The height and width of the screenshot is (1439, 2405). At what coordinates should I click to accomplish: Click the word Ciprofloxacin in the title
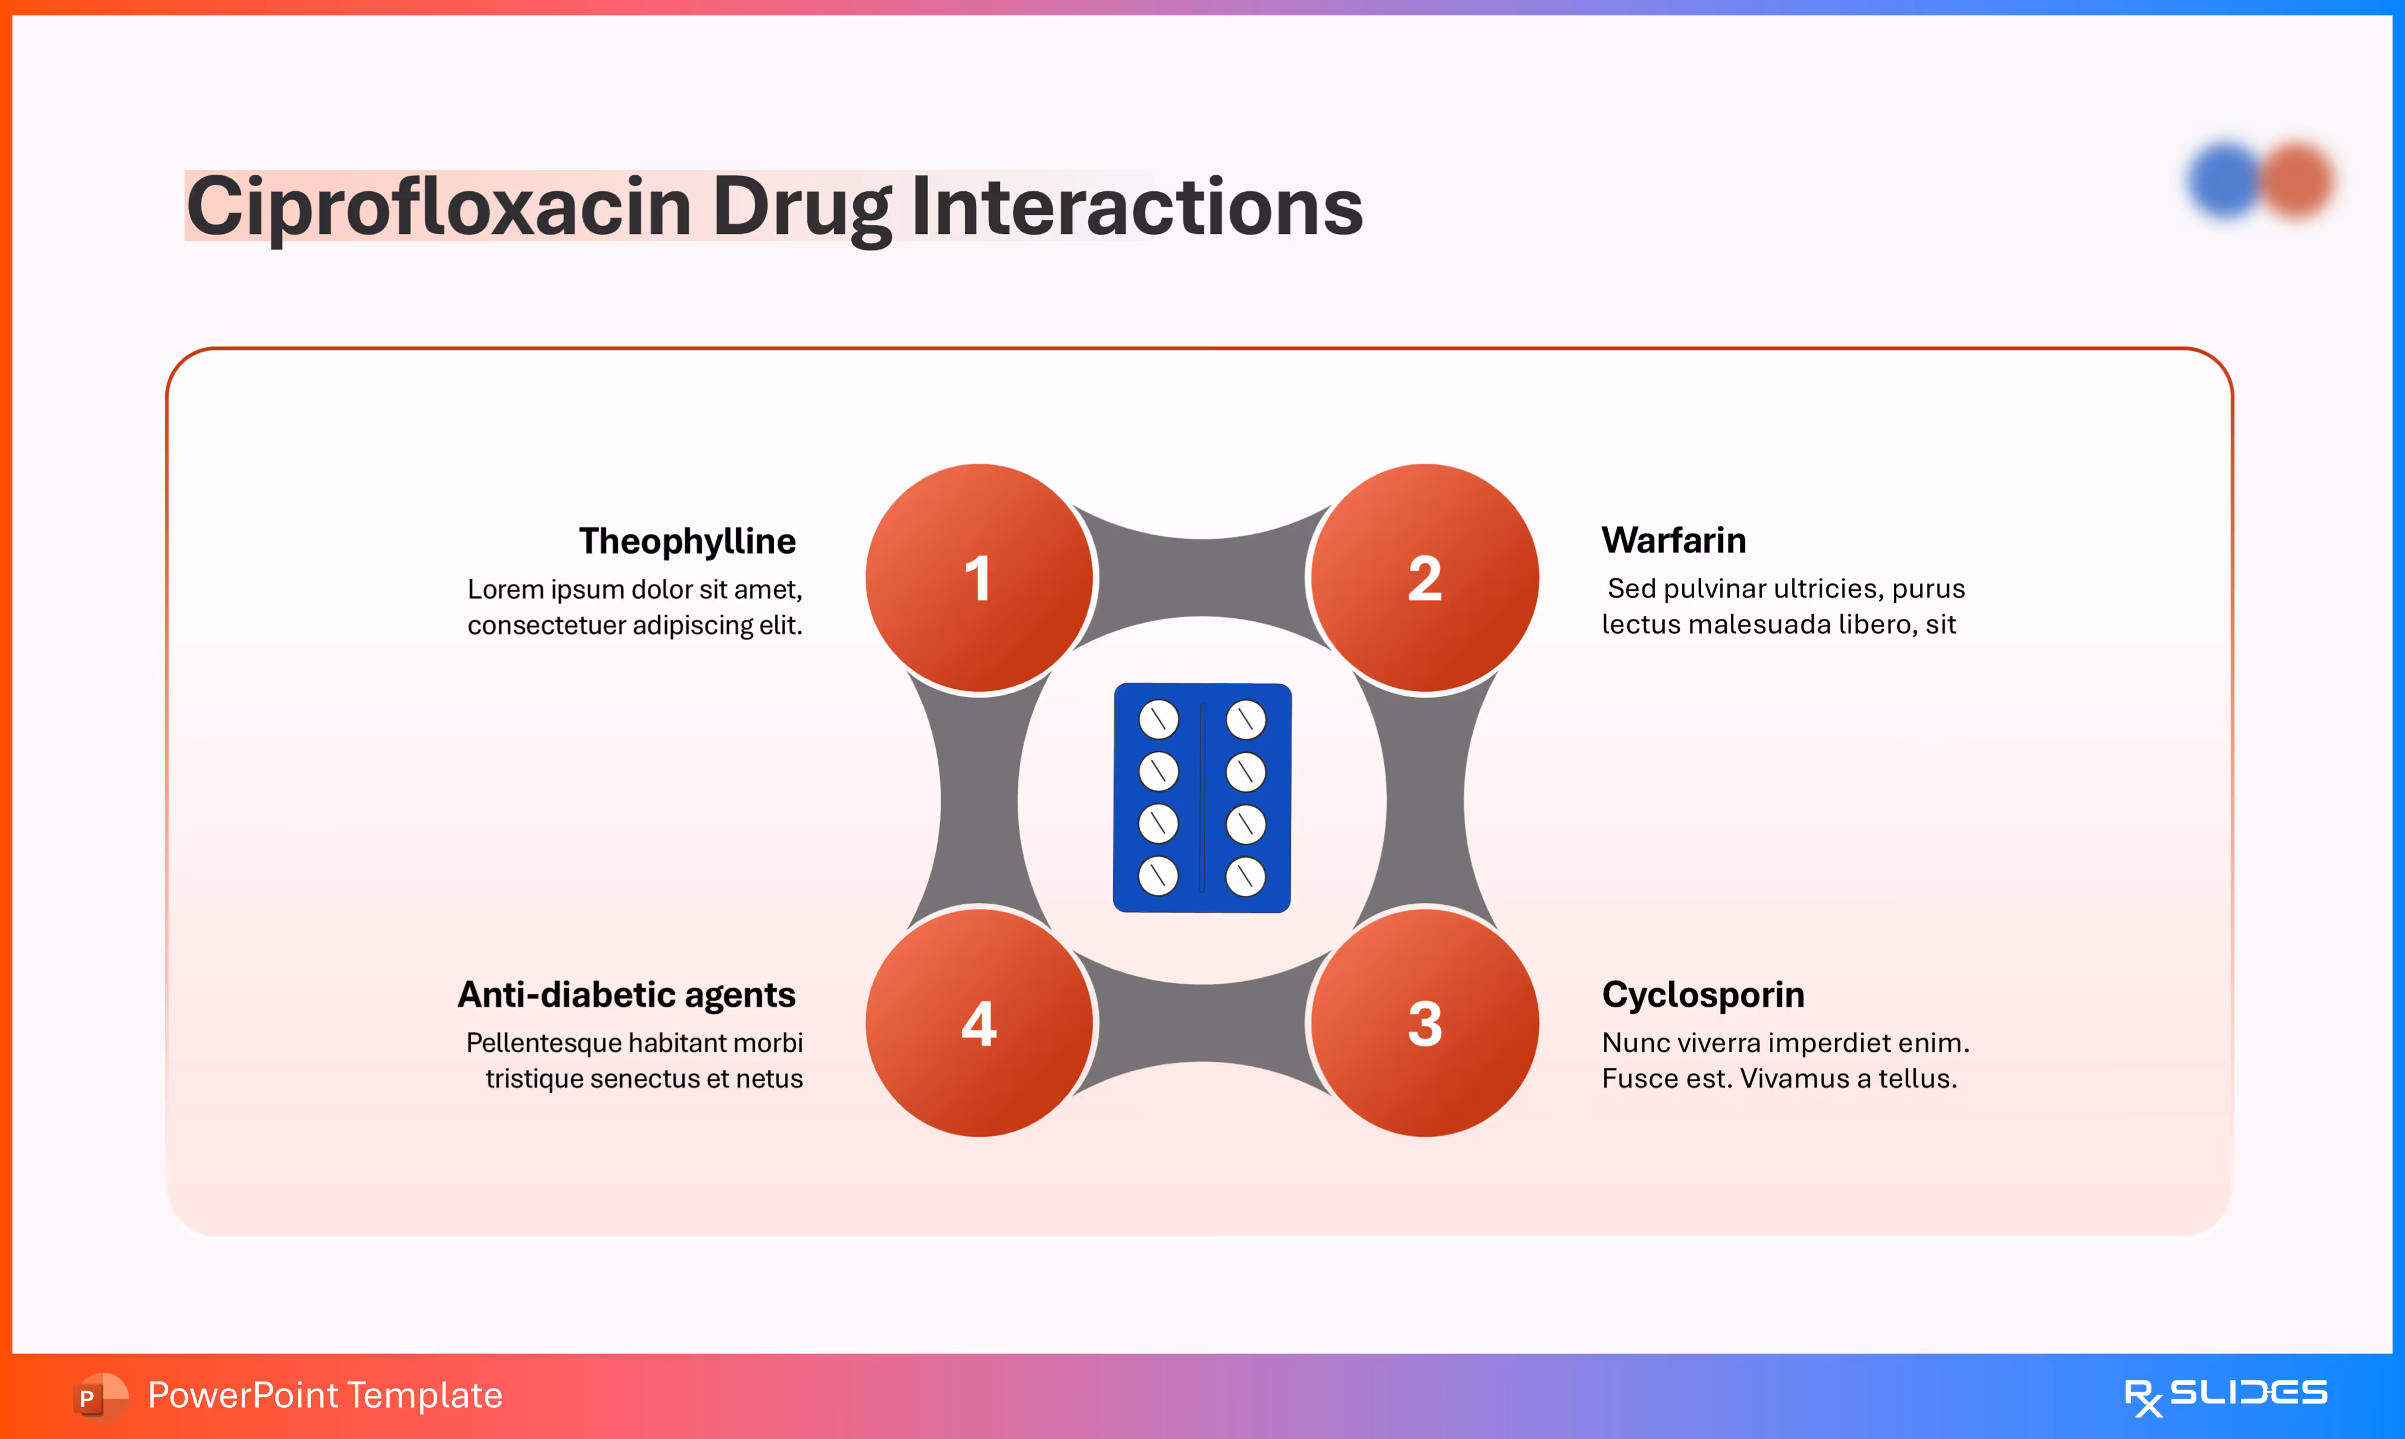pyautogui.click(x=438, y=207)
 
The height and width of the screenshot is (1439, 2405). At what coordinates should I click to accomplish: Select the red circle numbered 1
pyautogui.click(x=979, y=578)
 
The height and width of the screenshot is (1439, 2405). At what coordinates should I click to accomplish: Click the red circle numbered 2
pyautogui.click(x=1425, y=578)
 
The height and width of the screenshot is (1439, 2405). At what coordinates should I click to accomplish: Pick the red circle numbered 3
pyautogui.click(x=1425, y=1023)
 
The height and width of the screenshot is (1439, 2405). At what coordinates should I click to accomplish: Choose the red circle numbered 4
pyautogui.click(x=979, y=1023)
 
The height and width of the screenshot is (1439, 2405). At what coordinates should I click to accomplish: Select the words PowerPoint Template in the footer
pyautogui.click(x=325, y=1395)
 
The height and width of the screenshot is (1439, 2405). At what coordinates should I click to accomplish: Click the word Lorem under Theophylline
pyautogui.click(x=505, y=590)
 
